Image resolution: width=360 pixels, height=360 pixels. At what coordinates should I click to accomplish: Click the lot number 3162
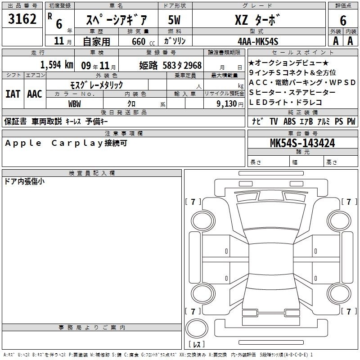tap(22, 19)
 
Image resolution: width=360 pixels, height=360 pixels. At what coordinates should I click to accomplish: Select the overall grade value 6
tap(343, 20)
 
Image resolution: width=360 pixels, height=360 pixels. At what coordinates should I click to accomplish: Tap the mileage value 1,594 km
tap(57, 64)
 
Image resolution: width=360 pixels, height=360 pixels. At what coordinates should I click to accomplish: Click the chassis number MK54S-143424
tap(302, 143)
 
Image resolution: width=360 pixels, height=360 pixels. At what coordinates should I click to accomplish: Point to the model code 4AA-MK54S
tap(258, 41)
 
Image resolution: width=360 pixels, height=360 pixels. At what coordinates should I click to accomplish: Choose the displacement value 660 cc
tap(143, 42)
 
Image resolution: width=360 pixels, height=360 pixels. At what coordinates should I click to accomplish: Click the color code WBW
tap(74, 104)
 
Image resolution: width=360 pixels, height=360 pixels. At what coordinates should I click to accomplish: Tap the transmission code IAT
tap(13, 94)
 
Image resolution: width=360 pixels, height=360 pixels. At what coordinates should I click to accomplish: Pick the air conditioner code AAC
tap(35, 94)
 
